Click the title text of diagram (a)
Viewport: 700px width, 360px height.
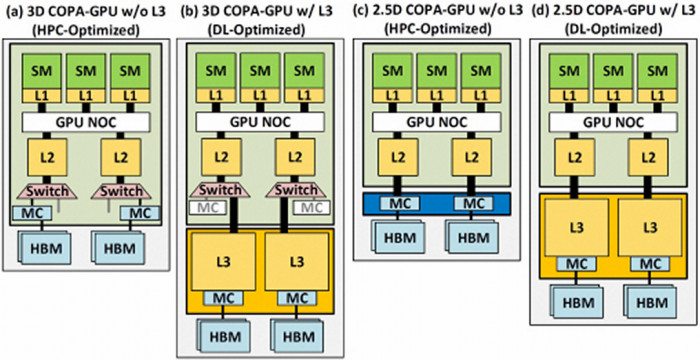87,12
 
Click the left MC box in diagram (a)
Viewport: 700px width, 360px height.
28,213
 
